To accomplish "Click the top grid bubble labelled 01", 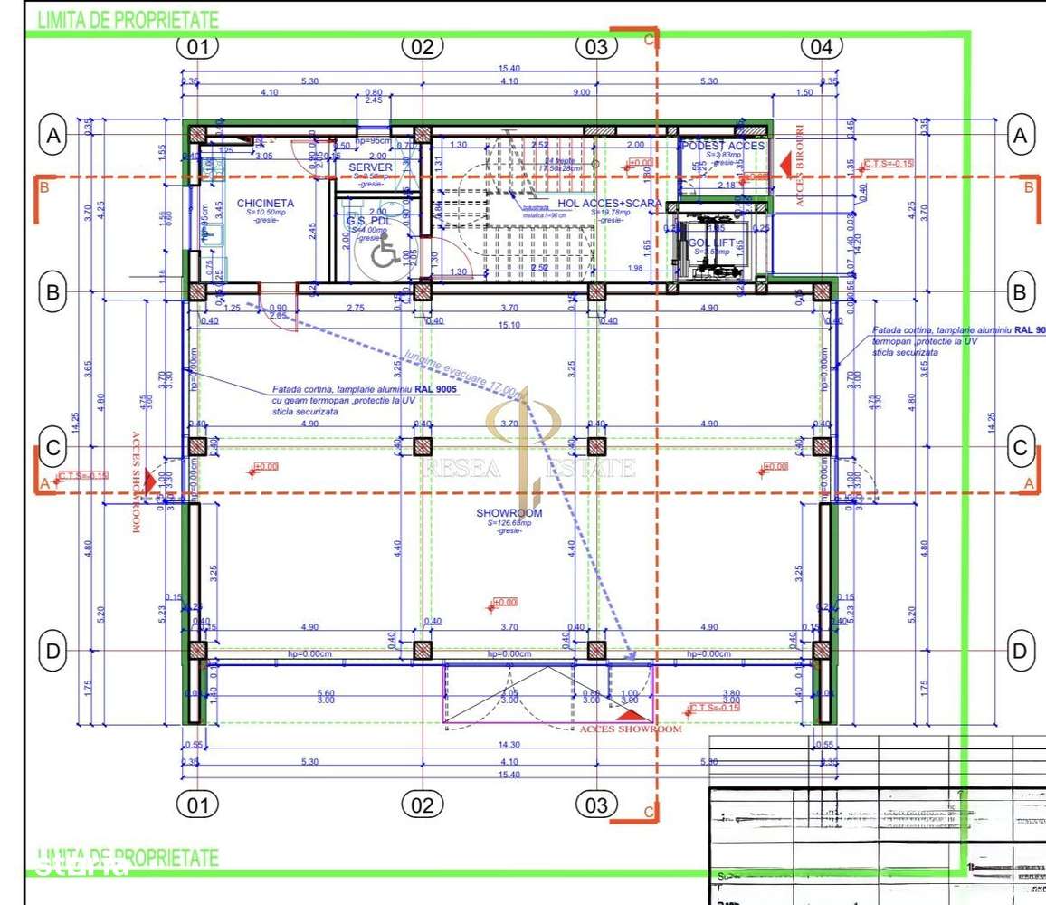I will click(x=197, y=47).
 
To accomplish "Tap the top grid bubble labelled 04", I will click(x=822, y=47).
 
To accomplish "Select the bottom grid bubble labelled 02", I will click(x=423, y=805).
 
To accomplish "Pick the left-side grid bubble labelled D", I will click(x=53, y=651).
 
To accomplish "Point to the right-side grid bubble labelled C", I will click(x=1021, y=447).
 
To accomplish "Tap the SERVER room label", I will click(x=371, y=167).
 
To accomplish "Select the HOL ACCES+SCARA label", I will click(x=610, y=204).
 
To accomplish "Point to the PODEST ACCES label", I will click(x=723, y=146).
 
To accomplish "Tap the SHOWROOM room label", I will click(x=509, y=513).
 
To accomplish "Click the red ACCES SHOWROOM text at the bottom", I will click(x=630, y=729).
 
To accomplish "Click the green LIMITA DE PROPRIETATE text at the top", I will click(x=128, y=21).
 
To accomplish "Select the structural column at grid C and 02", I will click(x=423, y=446).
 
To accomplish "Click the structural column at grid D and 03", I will click(x=595, y=651).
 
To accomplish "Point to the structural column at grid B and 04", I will click(x=822, y=291).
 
